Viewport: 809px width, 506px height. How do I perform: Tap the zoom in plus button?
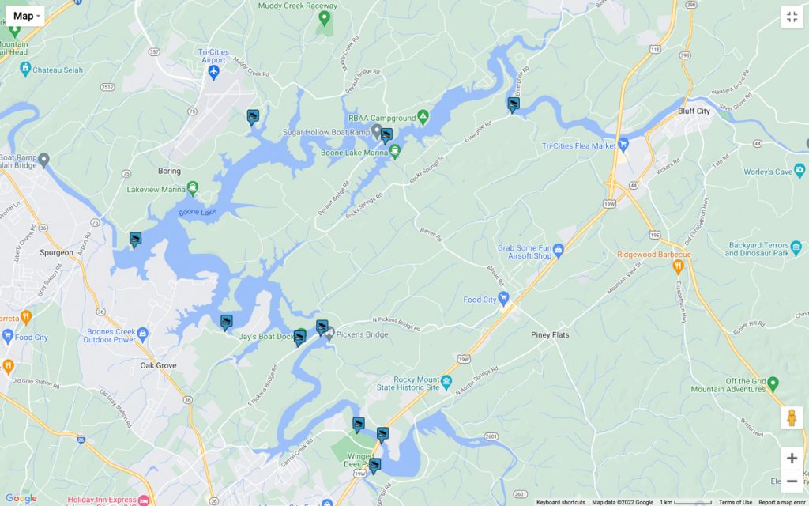click(x=792, y=459)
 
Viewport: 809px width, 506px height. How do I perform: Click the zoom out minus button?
click(x=792, y=481)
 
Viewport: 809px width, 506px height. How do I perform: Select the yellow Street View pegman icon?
click(x=792, y=418)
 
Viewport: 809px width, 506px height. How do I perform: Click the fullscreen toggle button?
click(x=792, y=17)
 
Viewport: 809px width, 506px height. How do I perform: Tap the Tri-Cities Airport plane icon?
click(x=213, y=73)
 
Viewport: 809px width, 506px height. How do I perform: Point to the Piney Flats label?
click(x=550, y=335)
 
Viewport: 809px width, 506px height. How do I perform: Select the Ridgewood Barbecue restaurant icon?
click(x=677, y=266)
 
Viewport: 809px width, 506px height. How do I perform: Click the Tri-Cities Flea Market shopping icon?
click(x=623, y=144)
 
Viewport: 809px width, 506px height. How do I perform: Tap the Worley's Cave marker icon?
click(x=800, y=171)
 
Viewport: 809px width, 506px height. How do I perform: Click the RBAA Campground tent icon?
click(x=423, y=117)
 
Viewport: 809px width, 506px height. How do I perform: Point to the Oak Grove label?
click(x=158, y=366)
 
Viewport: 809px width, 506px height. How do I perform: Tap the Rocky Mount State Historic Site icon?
click(x=447, y=382)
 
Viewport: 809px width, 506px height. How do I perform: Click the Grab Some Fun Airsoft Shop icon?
click(x=559, y=251)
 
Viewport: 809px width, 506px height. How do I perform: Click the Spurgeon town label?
click(x=56, y=253)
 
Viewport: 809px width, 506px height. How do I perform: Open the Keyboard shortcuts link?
click(x=560, y=502)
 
